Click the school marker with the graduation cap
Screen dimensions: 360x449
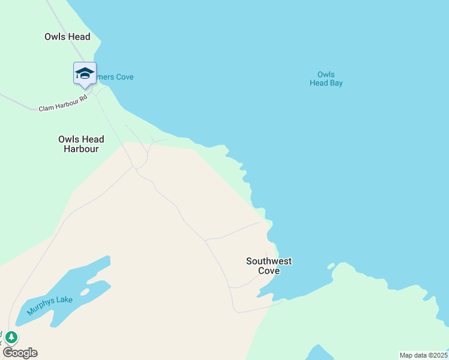coord(85,74)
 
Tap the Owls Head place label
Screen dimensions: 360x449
coord(67,37)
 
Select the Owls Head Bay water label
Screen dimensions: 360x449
coord(326,79)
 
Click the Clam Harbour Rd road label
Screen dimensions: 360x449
coord(63,103)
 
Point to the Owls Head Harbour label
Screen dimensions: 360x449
coord(81,144)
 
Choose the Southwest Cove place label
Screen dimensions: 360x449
coord(269,266)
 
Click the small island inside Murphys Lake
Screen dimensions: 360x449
coord(84,292)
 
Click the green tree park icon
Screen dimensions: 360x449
coord(11,337)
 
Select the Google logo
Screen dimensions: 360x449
coord(20,353)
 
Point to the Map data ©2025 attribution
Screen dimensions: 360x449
coord(423,355)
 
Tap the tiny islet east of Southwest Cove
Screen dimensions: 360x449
coord(330,266)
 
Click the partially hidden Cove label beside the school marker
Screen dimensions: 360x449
coord(116,77)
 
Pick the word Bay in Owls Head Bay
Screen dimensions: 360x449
coord(336,83)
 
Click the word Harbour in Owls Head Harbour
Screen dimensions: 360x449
coord(81,149)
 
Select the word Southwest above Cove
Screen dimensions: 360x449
coord(269,261)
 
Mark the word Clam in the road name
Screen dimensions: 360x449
coord(46,108)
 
